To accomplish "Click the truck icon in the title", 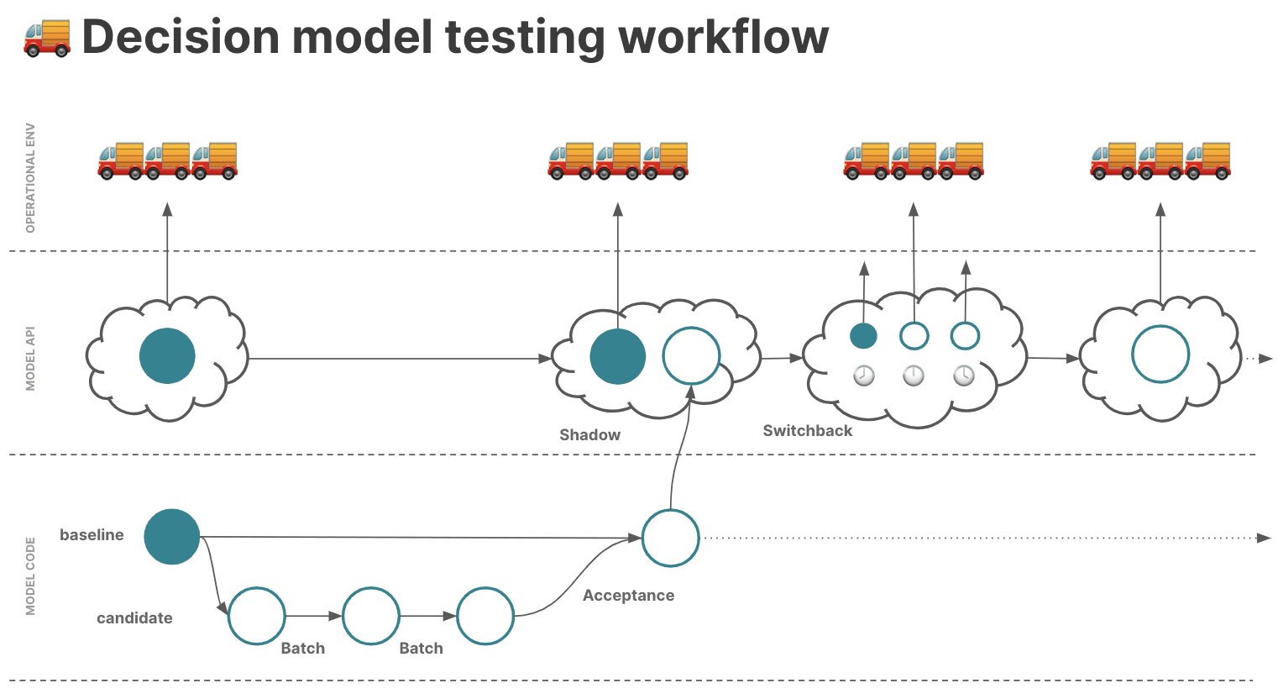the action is pyautogui.click(x=47, y=38).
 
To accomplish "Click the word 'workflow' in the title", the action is pyautogui.click(x=724, y=37).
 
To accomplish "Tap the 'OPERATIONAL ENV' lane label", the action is pyautogui.click(x=30, y=178).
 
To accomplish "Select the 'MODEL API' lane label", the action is pyautogui.click(x=30, y=359).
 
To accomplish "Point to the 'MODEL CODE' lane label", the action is pyautogui.click(x=30, y=576).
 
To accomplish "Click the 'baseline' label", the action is pyautogui.click(x=92, y=535).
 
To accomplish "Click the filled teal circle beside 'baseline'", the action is pyautogui.click(x=172, y=537).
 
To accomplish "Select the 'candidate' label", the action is pyautogui.click(x=134, y=618).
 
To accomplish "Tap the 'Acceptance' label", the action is pyautogui.click(x=629, y=596).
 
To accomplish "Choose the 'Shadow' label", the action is pyautogui.click(x=590, y=435).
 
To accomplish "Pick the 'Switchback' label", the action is pyautogui.click(x=808, y=431).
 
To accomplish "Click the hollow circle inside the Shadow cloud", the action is pyautogui.click(x=692, y=355).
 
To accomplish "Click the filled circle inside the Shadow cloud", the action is pyautogui.click(x=618, y=356).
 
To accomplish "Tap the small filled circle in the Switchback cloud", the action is pyautogui.click(x=863, y=336).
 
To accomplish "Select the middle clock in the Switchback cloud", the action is pyautogui.click(x=914, y=376).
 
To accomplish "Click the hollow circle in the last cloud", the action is pyautogui.click(x=1160, y=354).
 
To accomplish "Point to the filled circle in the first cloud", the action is pyautogui.click(x=167, y=355).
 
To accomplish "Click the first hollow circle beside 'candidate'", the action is pyautogui.click(x=257, y=616).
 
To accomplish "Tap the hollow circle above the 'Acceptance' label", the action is pyautogui.click(x=670, y=538).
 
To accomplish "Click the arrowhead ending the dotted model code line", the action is pyautogui.click(x=1264, y=538).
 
